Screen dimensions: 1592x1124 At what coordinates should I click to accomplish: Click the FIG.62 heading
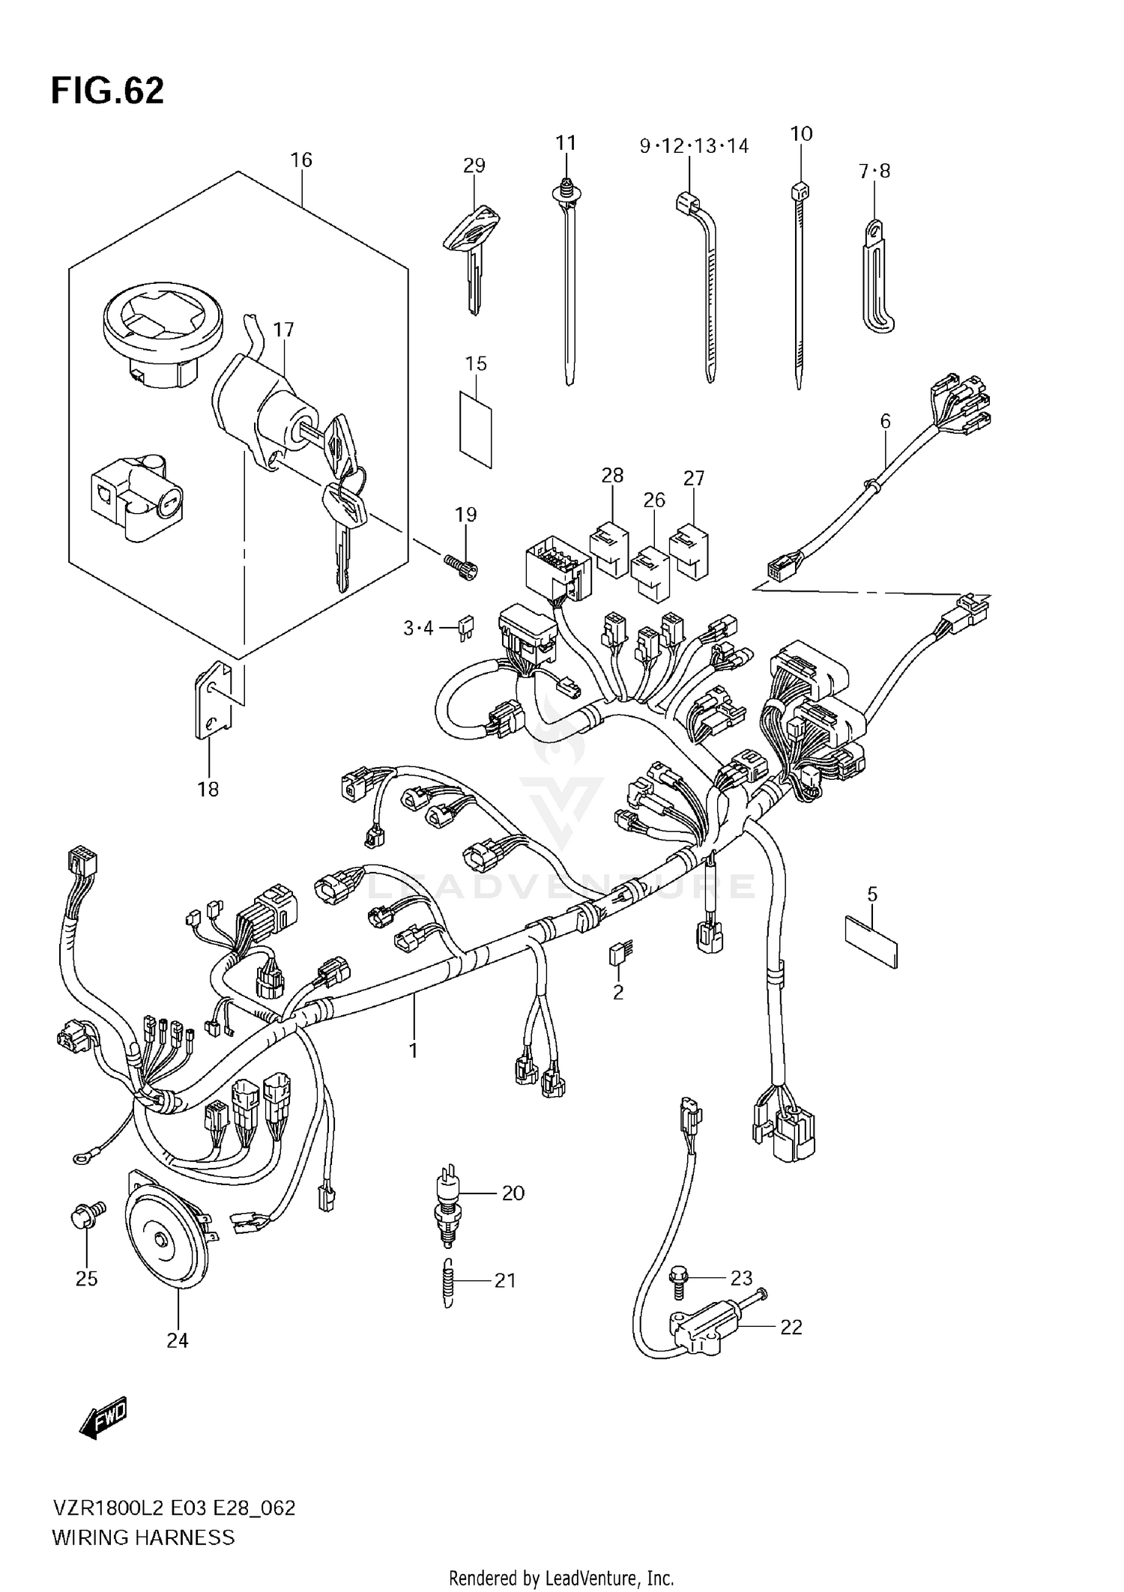coord(107,91)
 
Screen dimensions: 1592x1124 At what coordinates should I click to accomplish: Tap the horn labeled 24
coord(166,1240)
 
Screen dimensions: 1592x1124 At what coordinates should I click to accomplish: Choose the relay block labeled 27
coord(689,551)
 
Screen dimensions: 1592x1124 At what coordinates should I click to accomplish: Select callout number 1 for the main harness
coord(413,1050)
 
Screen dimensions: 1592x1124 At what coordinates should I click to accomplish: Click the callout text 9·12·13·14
coord(694,146)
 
